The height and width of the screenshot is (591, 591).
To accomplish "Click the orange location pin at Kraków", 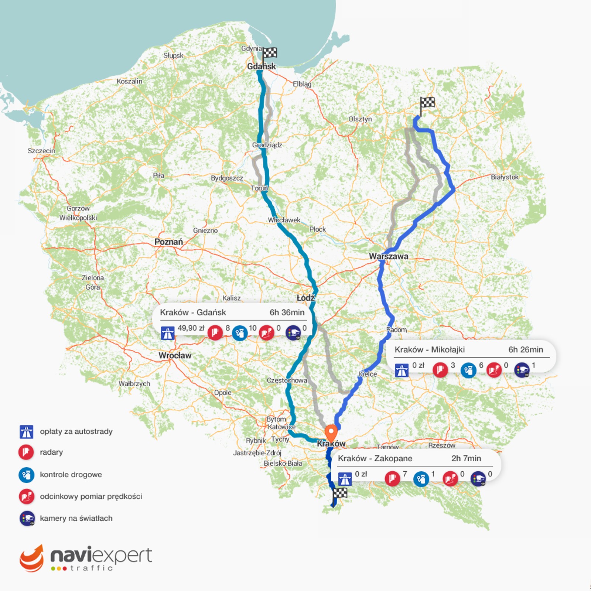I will point(331,432).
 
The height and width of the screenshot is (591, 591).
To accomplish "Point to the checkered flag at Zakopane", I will point(340,494).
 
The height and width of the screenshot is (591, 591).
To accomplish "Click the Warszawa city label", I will point(389,256).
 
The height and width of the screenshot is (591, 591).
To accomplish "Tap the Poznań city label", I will point(168,242).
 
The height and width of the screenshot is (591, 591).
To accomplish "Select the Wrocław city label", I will point(175,355).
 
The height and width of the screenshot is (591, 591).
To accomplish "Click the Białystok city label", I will point(505,177).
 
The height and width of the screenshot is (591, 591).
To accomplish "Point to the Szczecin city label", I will point(41,151).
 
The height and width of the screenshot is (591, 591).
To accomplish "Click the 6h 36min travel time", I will point(287,312).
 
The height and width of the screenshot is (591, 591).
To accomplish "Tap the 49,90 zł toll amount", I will point(191,328).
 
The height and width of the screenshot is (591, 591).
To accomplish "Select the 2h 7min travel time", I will point(466,458).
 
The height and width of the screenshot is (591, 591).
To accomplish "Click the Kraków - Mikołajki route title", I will point(430,350).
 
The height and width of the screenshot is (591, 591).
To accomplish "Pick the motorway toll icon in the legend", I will point(27,431).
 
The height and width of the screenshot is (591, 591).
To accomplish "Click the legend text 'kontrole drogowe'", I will point(71,475).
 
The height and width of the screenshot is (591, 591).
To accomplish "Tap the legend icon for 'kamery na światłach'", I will point(27,518).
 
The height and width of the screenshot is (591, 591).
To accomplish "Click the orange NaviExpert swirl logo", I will point(32,558).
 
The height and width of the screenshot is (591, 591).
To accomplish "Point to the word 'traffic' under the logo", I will point(92,568).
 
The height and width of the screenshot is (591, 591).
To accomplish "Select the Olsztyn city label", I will point(360,119).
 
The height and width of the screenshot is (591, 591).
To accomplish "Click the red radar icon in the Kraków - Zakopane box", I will point(392,479).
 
